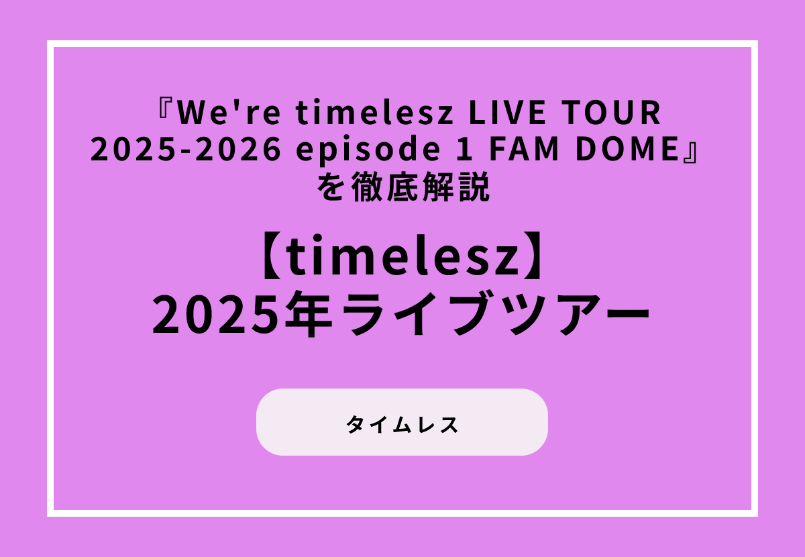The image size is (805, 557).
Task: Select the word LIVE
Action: click(x=498, y=113)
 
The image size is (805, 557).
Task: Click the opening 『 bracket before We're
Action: click(x=166, y=111)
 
